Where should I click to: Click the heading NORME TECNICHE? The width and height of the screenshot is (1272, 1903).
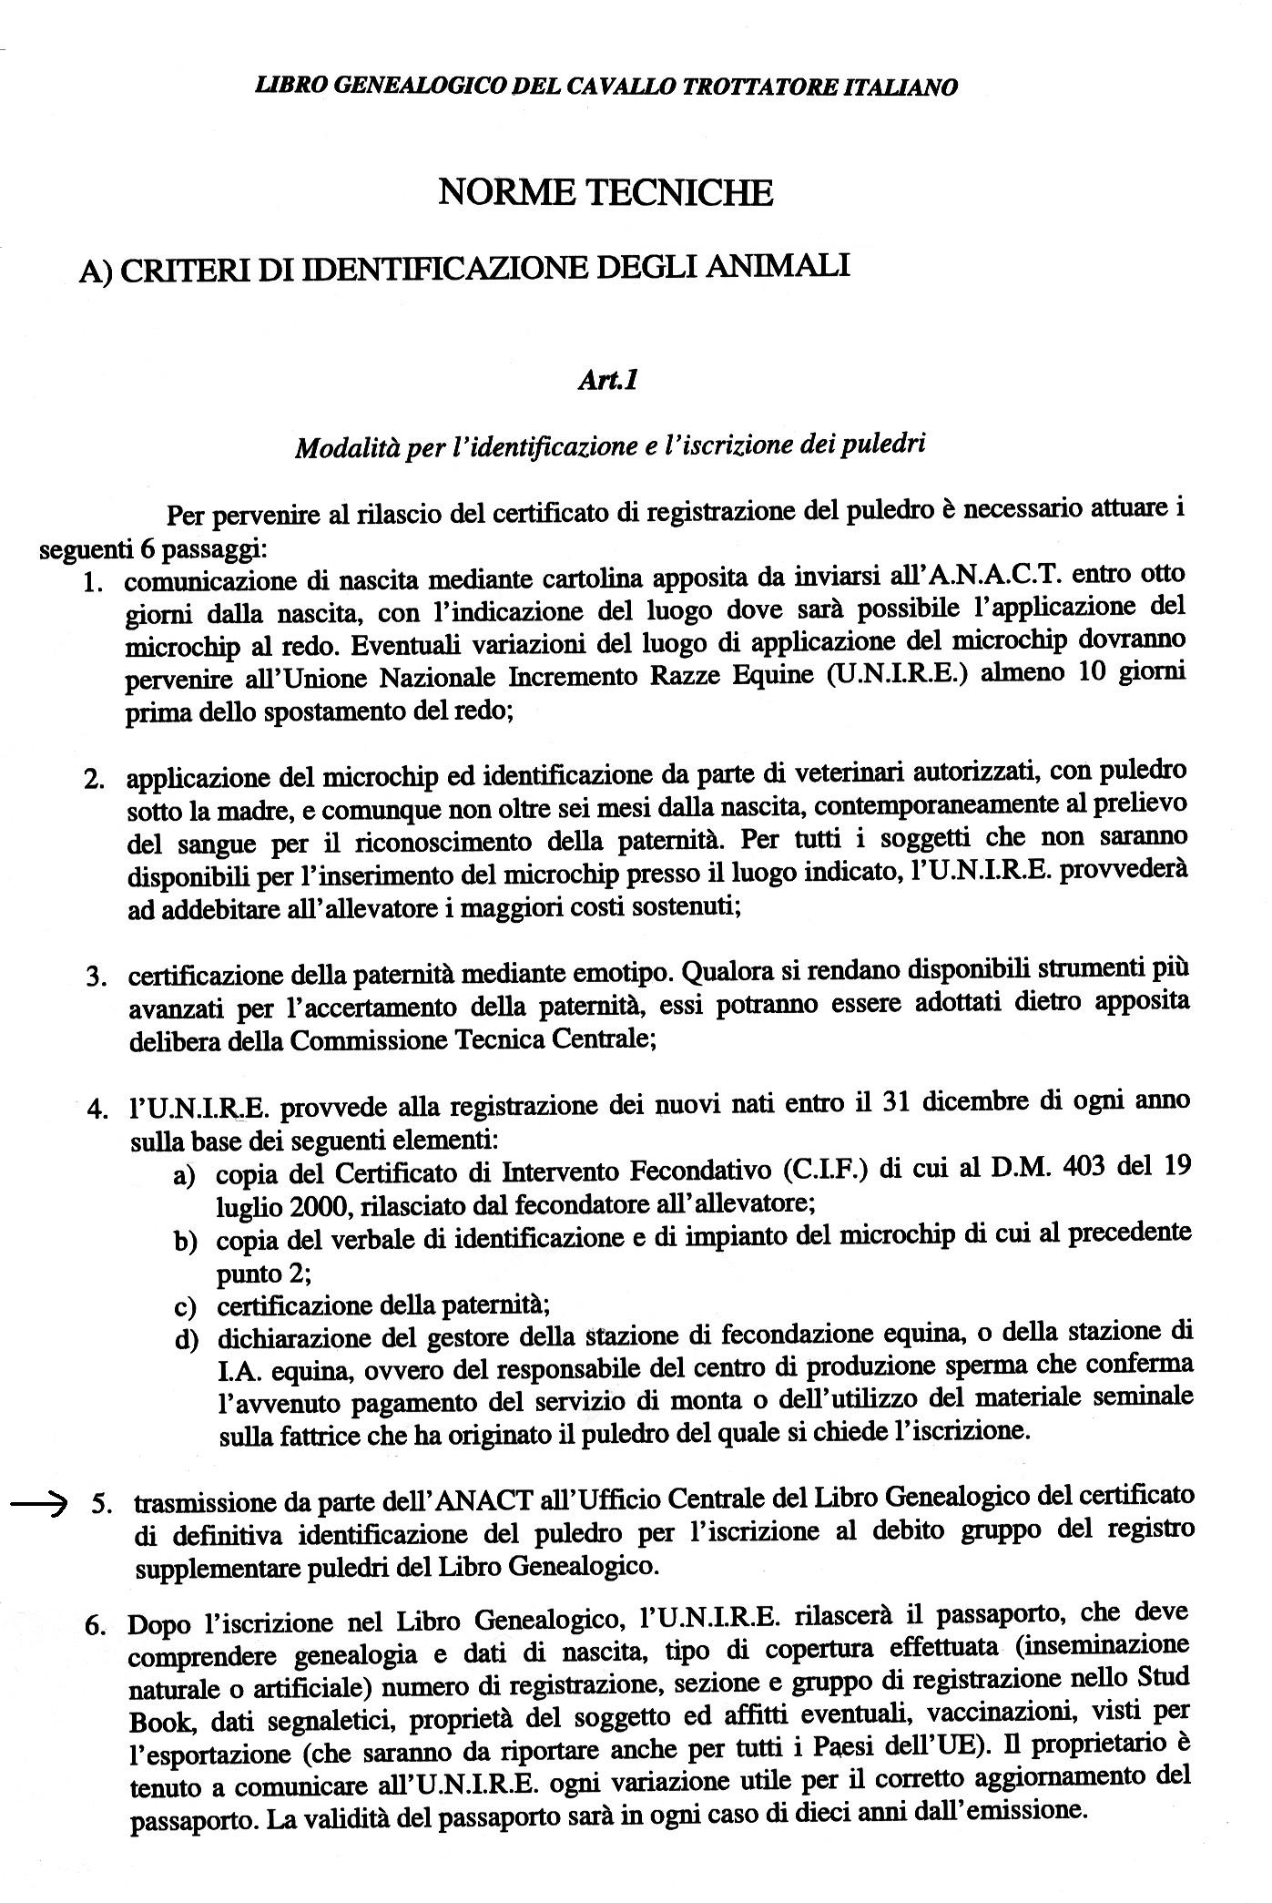pos(605,193)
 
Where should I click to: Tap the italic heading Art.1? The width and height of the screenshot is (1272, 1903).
pos(606,380)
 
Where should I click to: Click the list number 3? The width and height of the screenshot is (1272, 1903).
pos(95,977)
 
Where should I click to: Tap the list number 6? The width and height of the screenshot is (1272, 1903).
pos(97,1626)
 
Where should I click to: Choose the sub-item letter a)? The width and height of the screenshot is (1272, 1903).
pos(185,1176)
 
